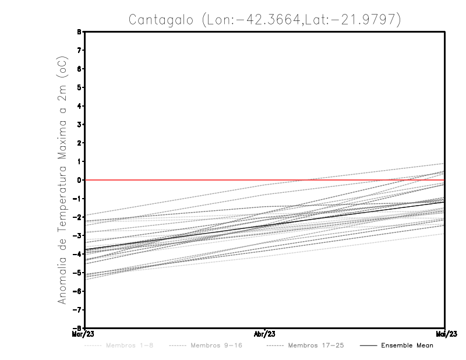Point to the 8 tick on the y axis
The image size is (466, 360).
(x=79, y=32)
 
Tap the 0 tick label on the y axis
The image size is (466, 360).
(x=79, y=180)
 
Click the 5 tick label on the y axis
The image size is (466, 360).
(x=79, y=87)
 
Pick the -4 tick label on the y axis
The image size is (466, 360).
(x=78, y=254)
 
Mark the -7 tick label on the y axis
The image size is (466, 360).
(x=78, y=309)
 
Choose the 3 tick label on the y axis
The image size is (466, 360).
(x=79, y=125)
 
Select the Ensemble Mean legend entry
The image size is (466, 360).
(x=407, y=346)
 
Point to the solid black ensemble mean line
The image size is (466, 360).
(x=265, y=225)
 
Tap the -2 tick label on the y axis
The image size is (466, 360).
(x=78, y=217)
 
